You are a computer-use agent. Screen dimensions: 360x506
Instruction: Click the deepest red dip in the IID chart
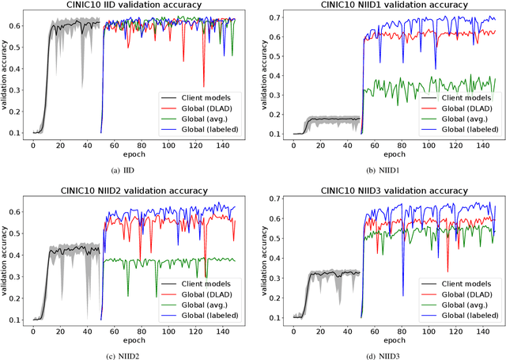pyautogui.click(x=204, y=86)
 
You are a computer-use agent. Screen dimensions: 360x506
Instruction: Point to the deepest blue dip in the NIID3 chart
pyautogui.click(x=403, y=294)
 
